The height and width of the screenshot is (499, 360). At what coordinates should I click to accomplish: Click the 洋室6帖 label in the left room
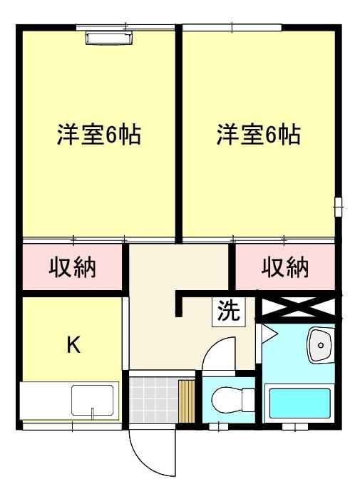(98, 135)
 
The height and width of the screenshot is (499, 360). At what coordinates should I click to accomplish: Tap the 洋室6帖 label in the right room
(259, 135)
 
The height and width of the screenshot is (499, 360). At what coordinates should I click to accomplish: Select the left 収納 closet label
(73, 268)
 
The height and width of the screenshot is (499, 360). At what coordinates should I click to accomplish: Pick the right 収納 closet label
(285, 268)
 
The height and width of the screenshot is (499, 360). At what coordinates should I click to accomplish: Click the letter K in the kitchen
(73, 345)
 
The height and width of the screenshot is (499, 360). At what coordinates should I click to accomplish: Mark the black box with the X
(298, 307)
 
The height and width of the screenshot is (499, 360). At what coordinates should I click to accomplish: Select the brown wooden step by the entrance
(186, 401)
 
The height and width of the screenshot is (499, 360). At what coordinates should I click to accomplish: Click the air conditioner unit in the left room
(108, 37)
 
